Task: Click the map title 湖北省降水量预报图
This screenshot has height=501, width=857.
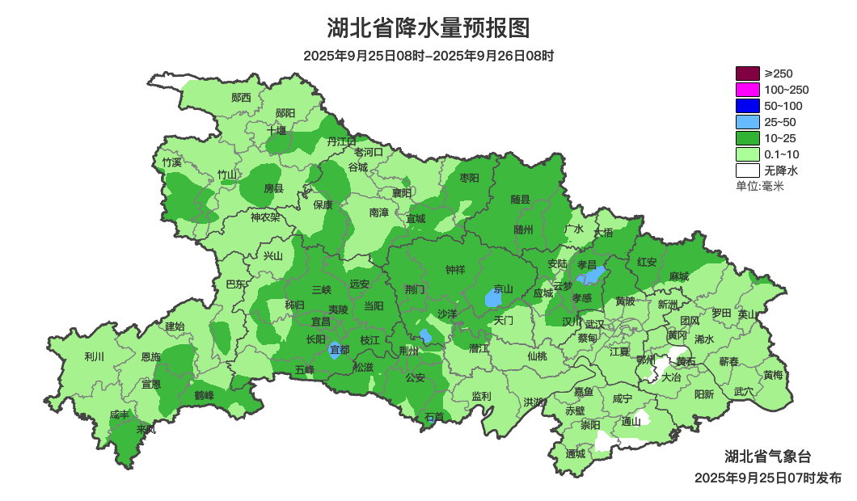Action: pyautogui.click(x=428, y=28)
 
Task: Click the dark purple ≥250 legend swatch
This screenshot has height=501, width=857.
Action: pyautogui.click(x=747, y=74)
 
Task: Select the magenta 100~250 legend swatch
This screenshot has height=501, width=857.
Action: pyautogui.click(x=747, y=90)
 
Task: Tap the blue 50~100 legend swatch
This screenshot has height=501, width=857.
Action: pyautogui.click(x=747, y=106)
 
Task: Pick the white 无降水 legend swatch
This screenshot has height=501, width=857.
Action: pyautogui.click(x=747, y=171)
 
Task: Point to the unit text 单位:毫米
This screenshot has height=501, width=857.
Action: pyautogui.click(x=759, y=187)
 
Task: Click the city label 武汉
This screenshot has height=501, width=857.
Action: pyautogui.click(x=594, y=323)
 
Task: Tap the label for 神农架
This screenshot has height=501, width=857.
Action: pyautogui.click(x=265, y=217)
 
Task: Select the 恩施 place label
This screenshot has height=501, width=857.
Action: pyautogui.click(x=150, y=356)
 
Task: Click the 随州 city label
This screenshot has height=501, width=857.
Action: pyautogui.click(x=524, y=229)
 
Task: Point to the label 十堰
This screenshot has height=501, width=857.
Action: pyautogui.click(x=277, y=129)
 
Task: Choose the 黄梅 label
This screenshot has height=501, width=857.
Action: pyautogui.click(x=773, y=375)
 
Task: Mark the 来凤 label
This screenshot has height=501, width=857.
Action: pyautogui.click(x=146, y=429)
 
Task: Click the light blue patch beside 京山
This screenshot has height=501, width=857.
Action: pyautogui.click(x=492, y=299)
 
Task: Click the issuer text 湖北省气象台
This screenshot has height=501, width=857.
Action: pyautogui.click(x=767, y=456)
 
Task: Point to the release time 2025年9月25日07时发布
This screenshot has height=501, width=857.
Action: pyautogui.click(x=767, y=478)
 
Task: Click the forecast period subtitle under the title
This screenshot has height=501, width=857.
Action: pyautogui.click(x=428, y=56)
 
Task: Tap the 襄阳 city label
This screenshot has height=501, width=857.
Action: pyautogui.click(x=402, y=192)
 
